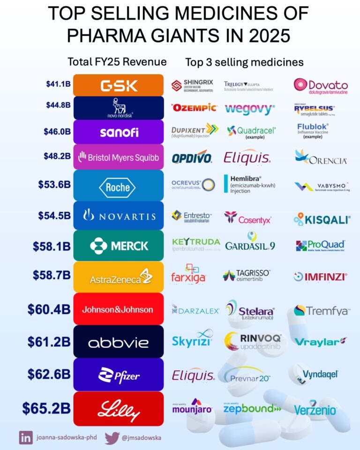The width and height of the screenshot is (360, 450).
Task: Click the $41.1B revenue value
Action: (58, 84)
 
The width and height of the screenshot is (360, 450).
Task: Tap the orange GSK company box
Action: (119, 85)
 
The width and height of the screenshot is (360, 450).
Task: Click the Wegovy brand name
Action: (249, 109)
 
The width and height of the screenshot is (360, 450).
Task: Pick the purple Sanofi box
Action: (119, 132)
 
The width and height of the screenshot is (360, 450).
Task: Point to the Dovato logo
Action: (321, 85)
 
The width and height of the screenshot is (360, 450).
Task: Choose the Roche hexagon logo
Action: (118, 187)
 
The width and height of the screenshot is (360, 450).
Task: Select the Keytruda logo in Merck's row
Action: (196, 244)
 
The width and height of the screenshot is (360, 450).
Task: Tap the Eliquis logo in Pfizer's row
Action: (193, 375)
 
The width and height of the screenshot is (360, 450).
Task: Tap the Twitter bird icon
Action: (112, 438)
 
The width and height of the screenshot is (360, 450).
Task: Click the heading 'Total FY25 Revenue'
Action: (117, 62)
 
